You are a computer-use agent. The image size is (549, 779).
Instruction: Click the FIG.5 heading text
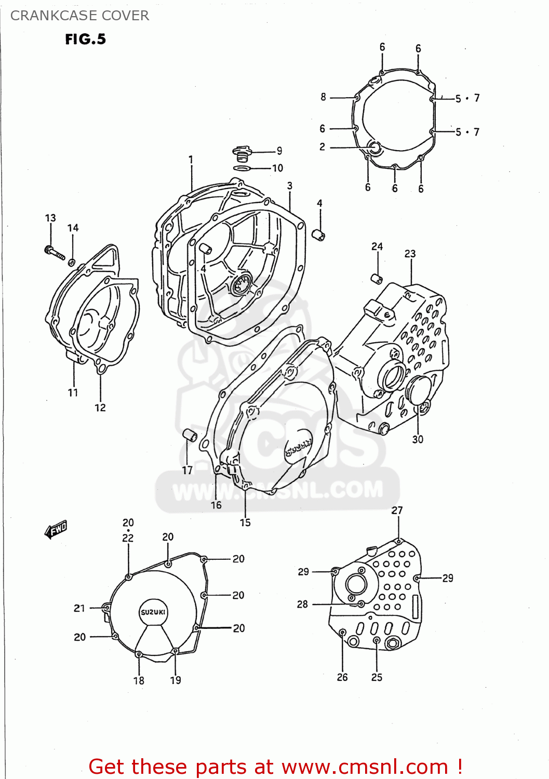tap(85, 39)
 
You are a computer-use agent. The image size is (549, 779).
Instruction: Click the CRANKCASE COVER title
tap(79, 16)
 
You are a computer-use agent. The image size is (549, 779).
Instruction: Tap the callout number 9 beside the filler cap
tap(279, 151)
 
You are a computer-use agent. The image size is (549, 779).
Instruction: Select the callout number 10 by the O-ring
tap(278, 168)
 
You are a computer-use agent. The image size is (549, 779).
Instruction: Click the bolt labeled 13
tap(54, 252)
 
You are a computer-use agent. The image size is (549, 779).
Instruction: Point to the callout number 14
tap(73, 227)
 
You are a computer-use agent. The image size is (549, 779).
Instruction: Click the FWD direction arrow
tap(56, 529)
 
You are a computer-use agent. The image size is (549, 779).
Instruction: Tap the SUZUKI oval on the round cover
tap(153, 612)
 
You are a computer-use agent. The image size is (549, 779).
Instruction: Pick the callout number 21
tap(79, 608)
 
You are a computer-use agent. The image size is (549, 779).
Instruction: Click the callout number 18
tap(139, 680)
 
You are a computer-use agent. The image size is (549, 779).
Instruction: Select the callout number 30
tap(418, 439)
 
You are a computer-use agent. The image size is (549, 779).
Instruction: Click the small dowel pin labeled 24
tap(377, 278)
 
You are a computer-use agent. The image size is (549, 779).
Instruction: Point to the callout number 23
tap(410, 253)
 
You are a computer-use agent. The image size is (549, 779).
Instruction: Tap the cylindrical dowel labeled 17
tap(190, 435)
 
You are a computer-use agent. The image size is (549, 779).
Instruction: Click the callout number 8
tap(323, 97)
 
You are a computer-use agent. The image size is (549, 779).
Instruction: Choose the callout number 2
tap(322, 147)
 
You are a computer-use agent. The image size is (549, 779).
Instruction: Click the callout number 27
tap(397, 510)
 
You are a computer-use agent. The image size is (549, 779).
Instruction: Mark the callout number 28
tap(302, 604)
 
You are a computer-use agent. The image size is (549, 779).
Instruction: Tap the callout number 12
tap(100, 408)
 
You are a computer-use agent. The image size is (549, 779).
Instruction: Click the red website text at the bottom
tap(275, 767)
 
